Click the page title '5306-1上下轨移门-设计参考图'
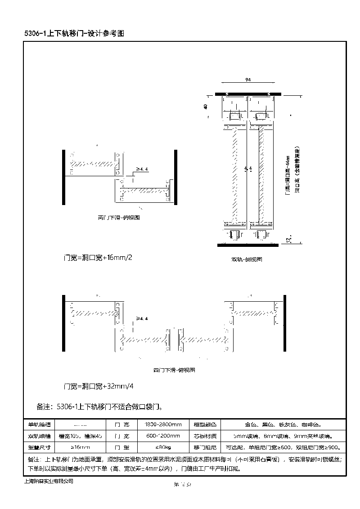(74, 34)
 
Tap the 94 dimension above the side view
(248, 80)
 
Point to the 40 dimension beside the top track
(206, 107)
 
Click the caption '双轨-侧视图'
(247, 259)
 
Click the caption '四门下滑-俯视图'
(174, 371)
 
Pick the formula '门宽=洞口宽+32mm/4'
(99, 386)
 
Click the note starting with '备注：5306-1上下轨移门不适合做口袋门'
(99, 407)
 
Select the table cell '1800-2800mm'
(163, 424)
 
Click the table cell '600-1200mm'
(163, 436)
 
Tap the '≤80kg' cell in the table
(163, 448)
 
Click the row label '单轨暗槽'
(40, 424)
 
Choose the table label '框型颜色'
(205, 424)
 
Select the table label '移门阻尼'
(205, 448)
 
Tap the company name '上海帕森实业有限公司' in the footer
(48, 481)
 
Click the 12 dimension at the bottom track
(288, 239)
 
